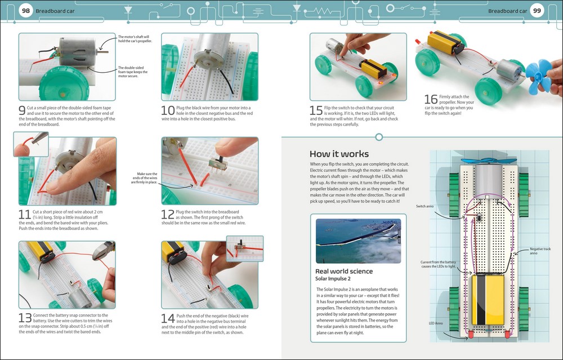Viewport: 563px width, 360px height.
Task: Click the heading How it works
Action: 339,154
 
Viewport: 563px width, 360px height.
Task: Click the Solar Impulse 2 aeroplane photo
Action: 358,241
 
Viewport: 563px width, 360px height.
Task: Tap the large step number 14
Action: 168,319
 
